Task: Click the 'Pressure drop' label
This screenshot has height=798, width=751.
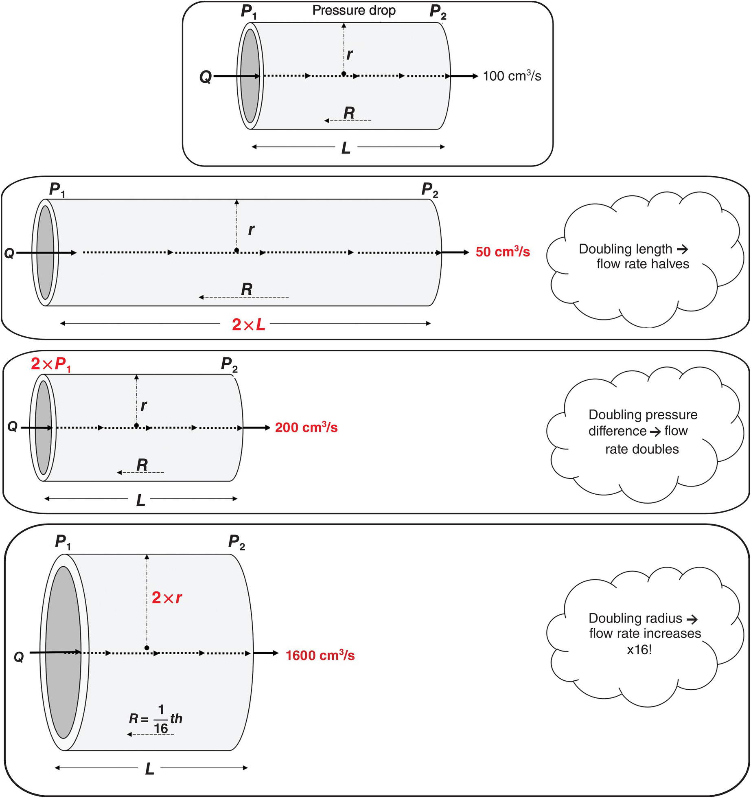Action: coord(354,11)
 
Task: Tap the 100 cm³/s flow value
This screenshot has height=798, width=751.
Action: coord(512,76)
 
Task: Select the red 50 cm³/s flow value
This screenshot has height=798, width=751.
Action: coord(503,252)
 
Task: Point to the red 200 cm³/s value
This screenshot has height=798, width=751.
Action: coord(306,427)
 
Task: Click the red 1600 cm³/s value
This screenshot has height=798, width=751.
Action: coord(320,655)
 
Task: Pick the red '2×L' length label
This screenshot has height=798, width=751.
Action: coord(248,324)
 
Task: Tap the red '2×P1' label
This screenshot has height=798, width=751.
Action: coord(51,364)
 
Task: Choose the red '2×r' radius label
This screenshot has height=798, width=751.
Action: coord(166,597)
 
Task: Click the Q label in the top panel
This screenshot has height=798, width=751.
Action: coord(205,77)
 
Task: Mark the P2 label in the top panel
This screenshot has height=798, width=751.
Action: coord(438,12)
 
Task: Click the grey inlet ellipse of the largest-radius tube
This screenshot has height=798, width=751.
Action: coord(63,651)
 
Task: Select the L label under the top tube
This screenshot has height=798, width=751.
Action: coord(346,148)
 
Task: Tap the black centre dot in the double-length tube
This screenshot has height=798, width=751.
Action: coord(236,250)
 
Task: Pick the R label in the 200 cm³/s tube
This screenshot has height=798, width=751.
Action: coord(142,465)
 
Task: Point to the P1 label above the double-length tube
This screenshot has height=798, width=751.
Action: coord(57,190)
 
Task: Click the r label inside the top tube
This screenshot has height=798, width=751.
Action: coord(349,54)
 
